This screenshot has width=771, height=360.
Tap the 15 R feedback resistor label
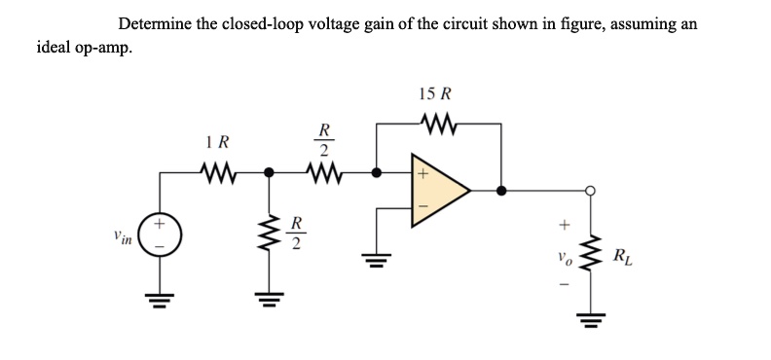[434, 95]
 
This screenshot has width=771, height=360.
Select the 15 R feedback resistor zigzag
[434, 124]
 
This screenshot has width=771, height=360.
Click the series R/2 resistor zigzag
[324, 176]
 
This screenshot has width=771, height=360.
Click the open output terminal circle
[589, 192]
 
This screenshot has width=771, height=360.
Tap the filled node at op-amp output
[501, 192]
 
